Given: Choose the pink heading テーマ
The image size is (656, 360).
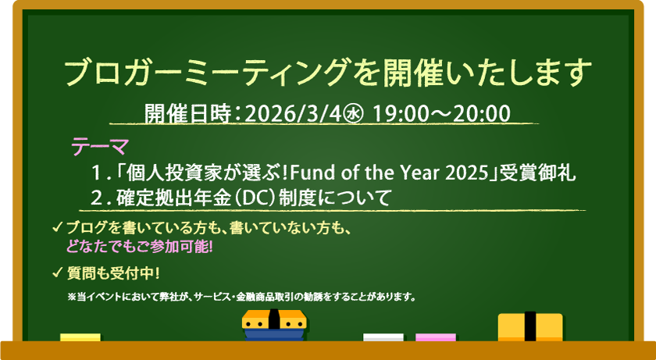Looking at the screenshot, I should (99, 147).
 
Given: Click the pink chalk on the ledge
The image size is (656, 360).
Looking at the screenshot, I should (435, 337).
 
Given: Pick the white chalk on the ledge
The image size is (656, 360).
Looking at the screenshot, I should (383, 337).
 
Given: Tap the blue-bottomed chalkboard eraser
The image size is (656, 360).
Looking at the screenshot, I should (272, 325).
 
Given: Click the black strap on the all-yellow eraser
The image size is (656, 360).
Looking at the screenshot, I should (530, 326).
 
